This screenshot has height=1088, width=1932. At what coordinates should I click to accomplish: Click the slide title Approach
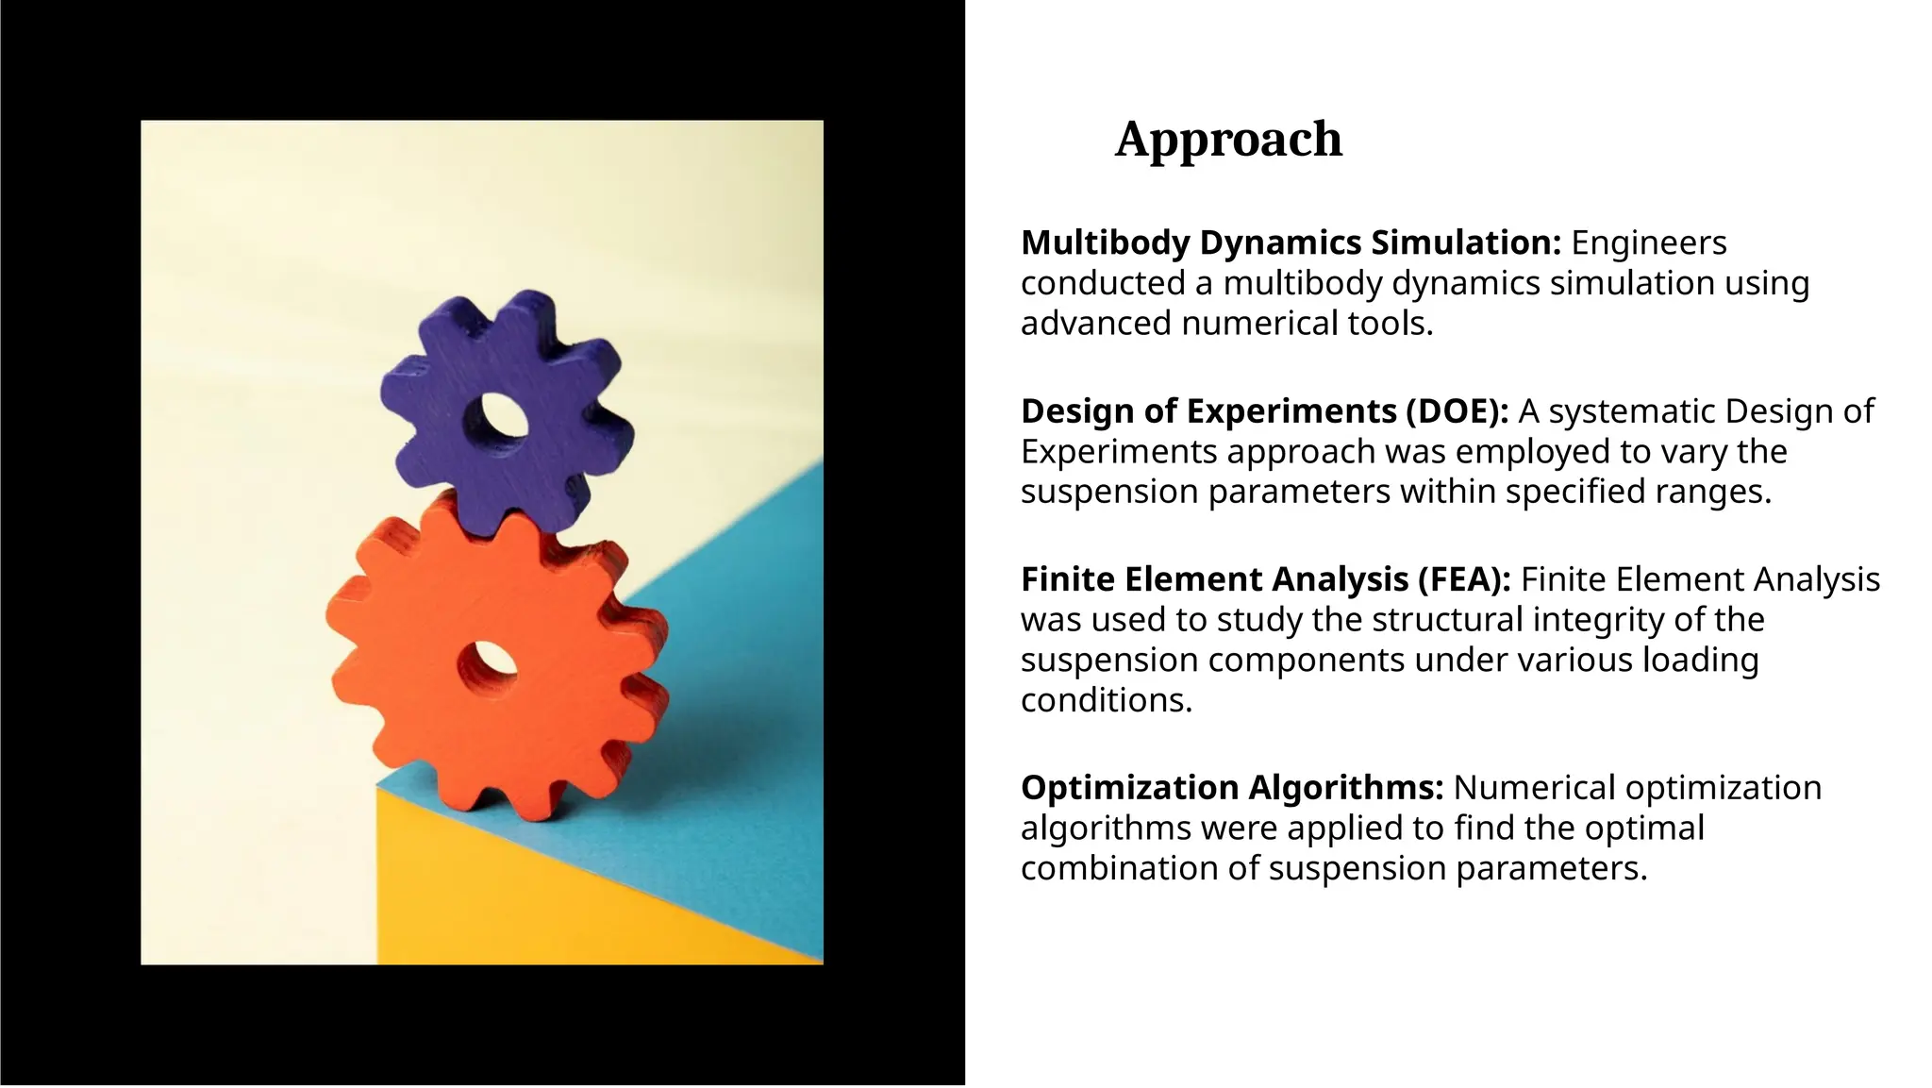[x=1228, y=140]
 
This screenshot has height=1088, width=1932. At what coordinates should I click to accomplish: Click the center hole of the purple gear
[x=499, y=415]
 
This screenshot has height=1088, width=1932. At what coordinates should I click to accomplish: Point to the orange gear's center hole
[x=489, y=663]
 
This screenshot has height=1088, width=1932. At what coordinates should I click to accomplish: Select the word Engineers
[x=1648, y=243]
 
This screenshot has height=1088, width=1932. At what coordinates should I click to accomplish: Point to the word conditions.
[x=1106, y=701]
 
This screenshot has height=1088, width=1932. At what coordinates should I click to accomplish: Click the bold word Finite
[x=1067, y=580]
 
